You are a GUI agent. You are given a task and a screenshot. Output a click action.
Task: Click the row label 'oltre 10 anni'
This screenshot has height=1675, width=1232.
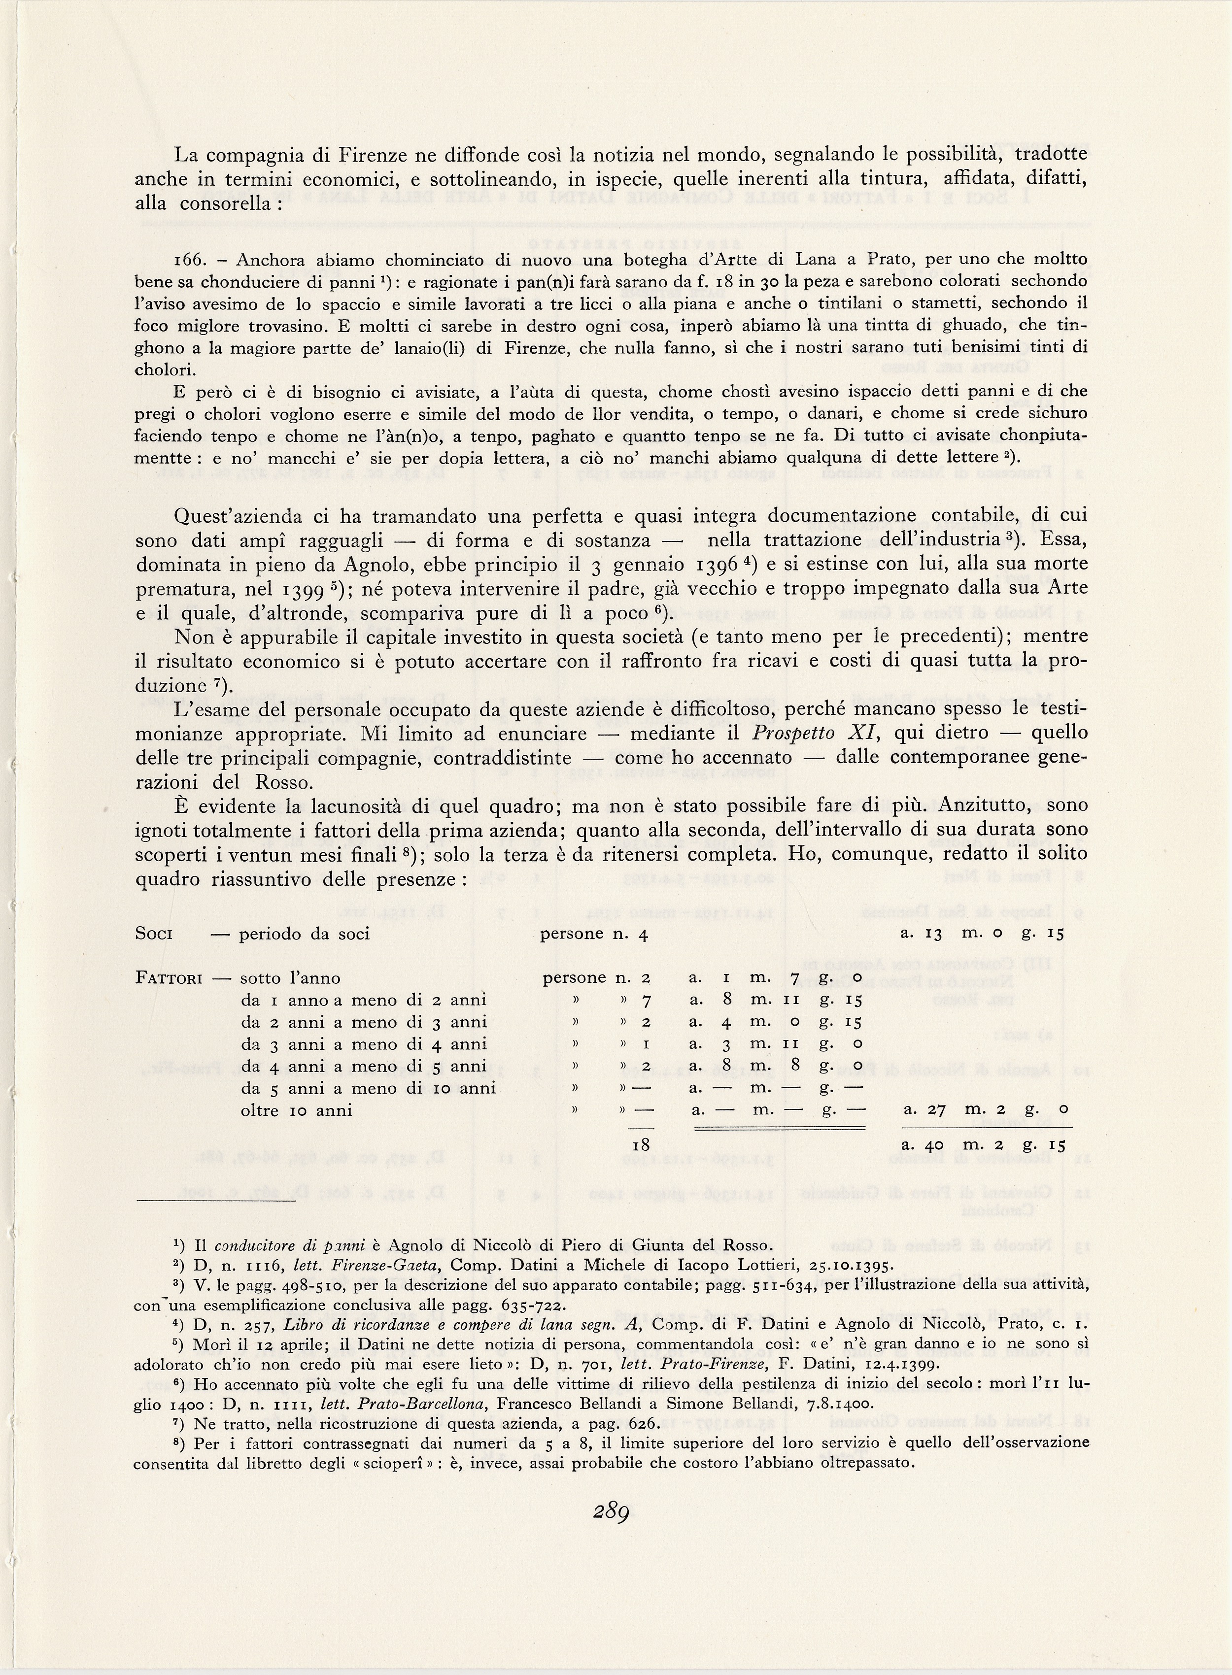click(x=296, y=1110)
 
